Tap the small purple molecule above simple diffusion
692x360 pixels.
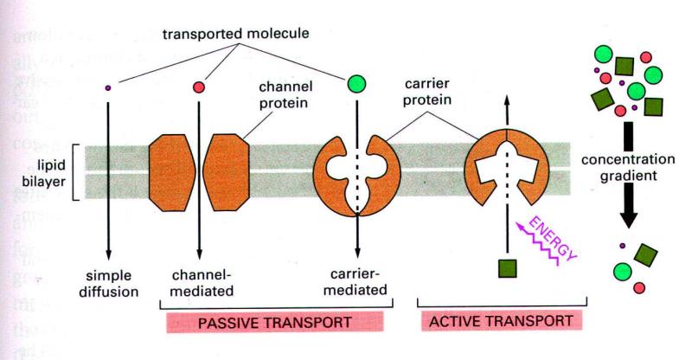point(108,87)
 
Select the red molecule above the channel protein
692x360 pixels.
point(198,87)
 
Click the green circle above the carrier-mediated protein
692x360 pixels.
point(356,85)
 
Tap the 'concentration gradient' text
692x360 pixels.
point(639,171)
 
